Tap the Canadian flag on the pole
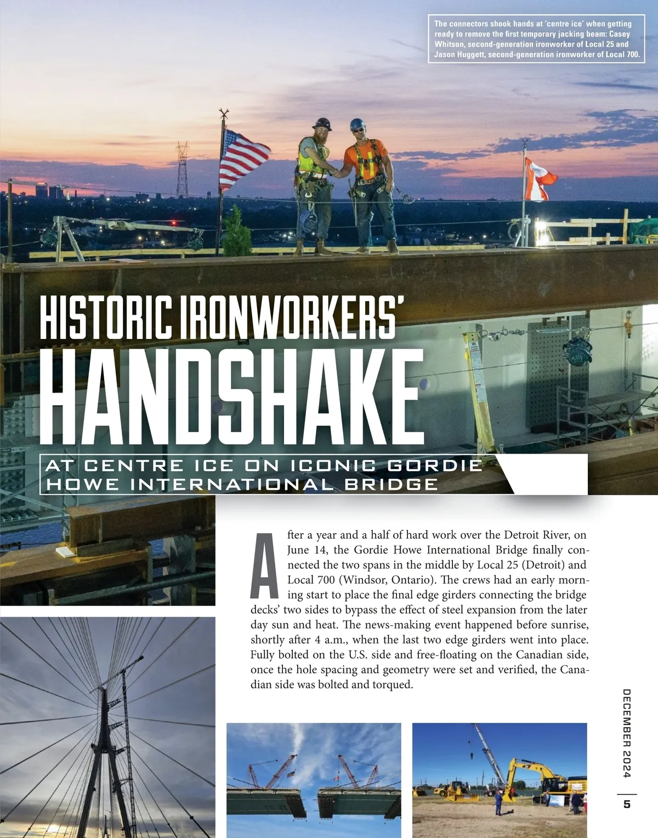(538, 180)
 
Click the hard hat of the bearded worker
(322, 123)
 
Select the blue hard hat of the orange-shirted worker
(358, 124)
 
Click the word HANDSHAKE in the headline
(231, 398)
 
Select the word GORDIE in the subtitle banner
(435, 466)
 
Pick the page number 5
(627, 804)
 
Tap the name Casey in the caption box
(620, 34)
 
